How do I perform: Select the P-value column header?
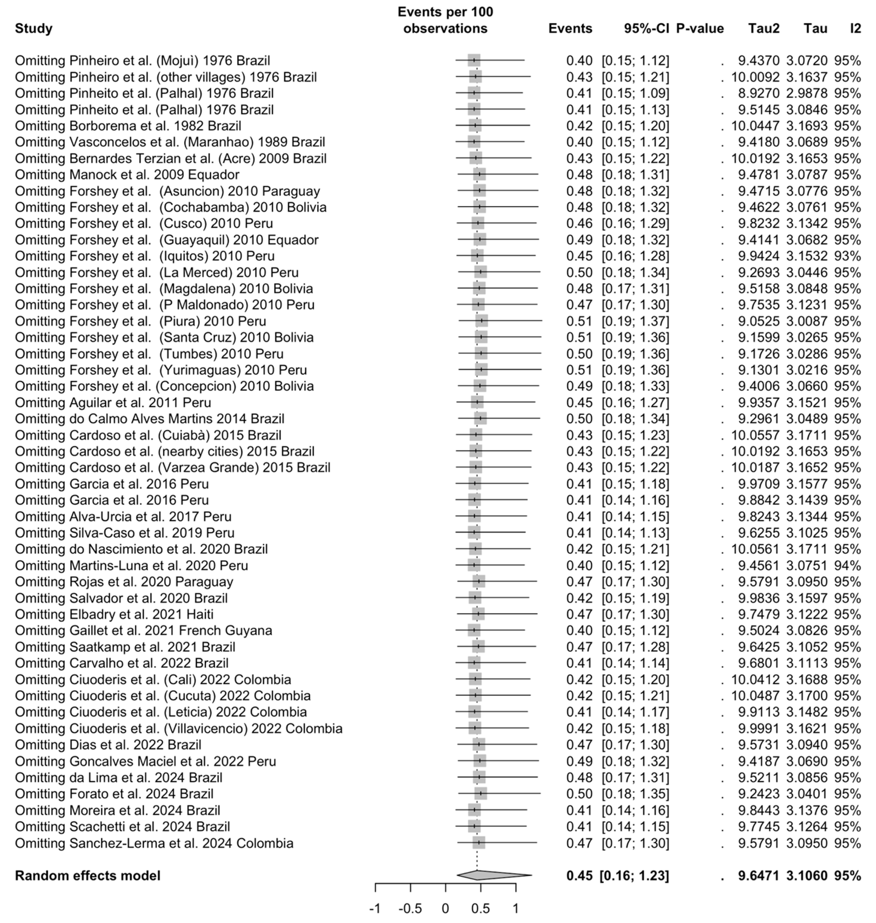[x=700, y=28]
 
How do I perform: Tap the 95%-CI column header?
[x=646, y=28]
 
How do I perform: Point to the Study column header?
[x=34, y=28]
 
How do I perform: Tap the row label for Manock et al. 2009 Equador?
[x=127, y=175]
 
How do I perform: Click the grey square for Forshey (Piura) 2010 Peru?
[x=482, y=321]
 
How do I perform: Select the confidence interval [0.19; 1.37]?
[x=635, y=321]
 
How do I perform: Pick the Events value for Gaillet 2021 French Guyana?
[x=579, y=630]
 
